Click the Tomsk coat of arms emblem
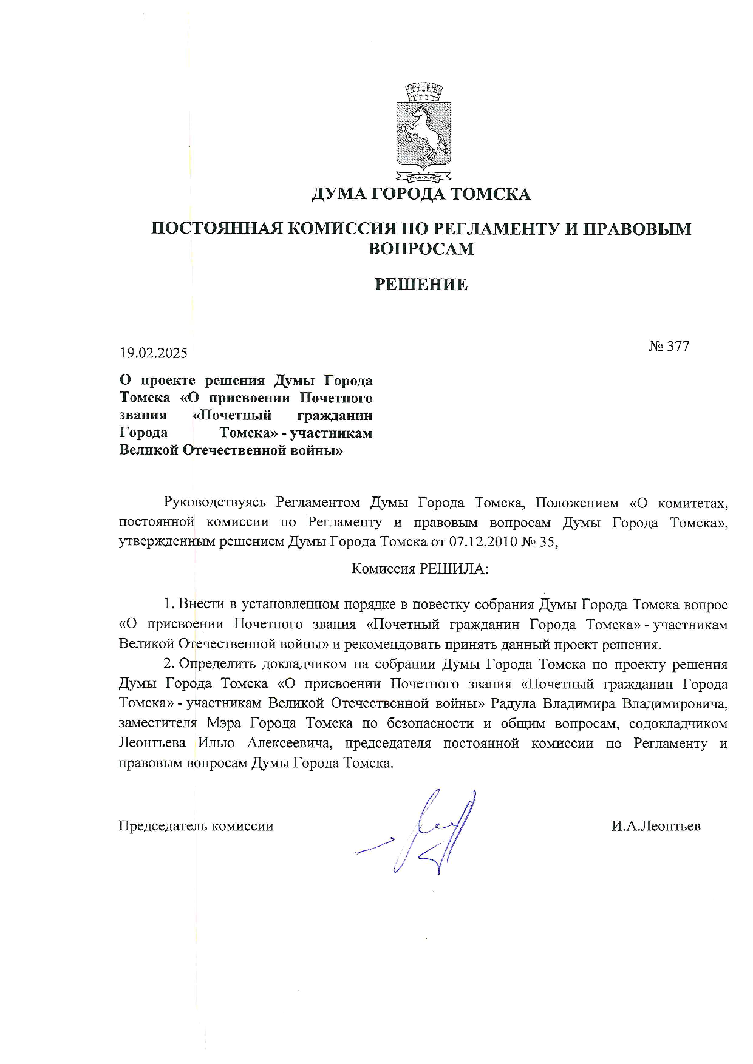tap(423, 132)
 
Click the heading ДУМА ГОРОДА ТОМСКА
tap(421, 194)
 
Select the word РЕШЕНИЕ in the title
tap(421, 285)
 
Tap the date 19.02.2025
tap(153, 353)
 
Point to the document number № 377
tap(669, 346)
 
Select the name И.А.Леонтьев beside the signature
tap(656, 826)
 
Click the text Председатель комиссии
tap(196, 826)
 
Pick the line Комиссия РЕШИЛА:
tap(420, 569)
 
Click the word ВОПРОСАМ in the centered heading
tap(421, 249)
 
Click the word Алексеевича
tap(290, 744)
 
